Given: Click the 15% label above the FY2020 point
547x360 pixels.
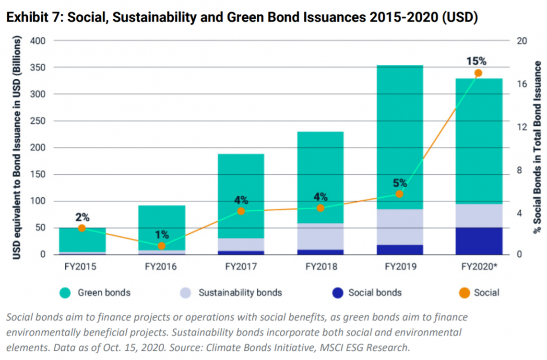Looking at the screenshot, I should (476, 61).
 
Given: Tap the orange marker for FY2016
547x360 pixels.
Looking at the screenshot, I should (162, 246).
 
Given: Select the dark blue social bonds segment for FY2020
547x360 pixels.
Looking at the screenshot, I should (478, 241).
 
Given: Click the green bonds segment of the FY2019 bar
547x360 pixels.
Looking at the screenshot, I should (399, 137).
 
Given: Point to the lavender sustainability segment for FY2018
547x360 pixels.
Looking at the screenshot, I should (321, 236).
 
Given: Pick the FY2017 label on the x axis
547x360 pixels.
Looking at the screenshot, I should (241, 267).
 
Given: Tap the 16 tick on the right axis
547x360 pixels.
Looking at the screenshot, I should (522, 84).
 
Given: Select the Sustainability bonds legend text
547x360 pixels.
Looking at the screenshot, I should (240, 292).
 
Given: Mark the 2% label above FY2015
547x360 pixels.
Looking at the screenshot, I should (83, 217).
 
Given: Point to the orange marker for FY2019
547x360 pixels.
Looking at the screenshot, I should (399, 194).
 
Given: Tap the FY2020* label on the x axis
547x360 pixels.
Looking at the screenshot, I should (478, 267).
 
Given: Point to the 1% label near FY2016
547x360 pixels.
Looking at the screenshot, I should (162, 235).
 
